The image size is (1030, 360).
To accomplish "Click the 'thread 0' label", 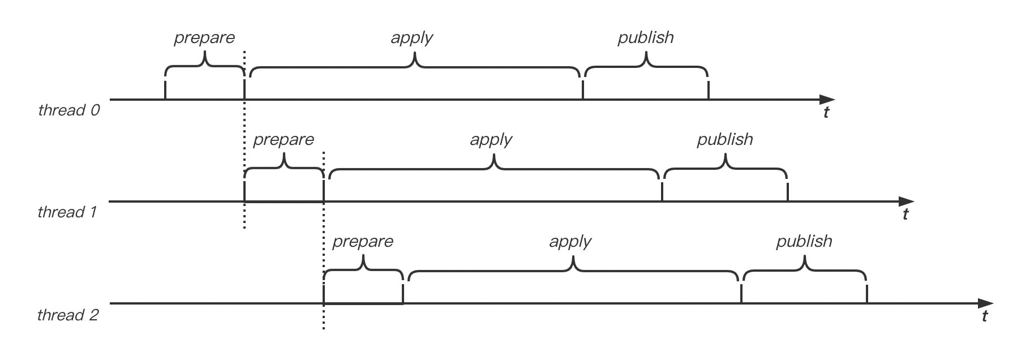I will coord(68,110).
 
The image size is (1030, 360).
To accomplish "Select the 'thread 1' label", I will coord(67,212).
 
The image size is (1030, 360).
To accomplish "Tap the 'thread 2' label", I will coord(67,315).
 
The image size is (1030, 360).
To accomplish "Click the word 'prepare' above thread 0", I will coord(204,38).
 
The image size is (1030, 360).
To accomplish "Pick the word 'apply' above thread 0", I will coord(411,38).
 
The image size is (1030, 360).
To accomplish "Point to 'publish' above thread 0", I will coord(645,38).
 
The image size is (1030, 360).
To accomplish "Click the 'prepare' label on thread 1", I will coord(283,140).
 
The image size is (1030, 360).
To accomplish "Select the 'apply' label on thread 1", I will coord(491,140).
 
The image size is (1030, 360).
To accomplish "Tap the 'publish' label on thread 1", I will coord(724,140).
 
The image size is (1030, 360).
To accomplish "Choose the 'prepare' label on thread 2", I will coord(362,242).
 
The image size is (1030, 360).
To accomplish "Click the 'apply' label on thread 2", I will coord(570,242).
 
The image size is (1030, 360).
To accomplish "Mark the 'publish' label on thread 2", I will coord(804,242).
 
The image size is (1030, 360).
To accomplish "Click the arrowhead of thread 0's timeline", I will coord(829,100).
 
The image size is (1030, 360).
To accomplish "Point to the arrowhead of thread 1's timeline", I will coord(908,202).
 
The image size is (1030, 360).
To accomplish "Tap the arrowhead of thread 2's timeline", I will coord(987,304).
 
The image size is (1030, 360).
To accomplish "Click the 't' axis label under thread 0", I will coord(826,113).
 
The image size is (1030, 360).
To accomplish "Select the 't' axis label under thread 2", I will coord(985,316).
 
